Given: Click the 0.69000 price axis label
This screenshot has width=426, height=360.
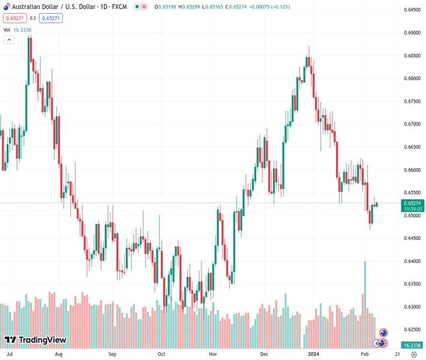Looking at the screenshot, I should point(412,32).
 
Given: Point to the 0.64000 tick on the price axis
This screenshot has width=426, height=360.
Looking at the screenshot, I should point(412,261).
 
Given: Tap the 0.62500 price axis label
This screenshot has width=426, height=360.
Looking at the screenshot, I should point(412,329).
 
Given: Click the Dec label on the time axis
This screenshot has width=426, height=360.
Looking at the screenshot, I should point(263,354).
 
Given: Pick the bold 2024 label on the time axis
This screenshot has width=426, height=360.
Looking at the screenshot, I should point(314,354).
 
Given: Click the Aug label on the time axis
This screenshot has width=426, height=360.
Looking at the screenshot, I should point(58,354).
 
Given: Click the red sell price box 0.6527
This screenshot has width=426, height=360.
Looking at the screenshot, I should point(13,18).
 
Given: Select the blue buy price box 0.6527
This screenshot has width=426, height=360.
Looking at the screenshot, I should point(50,18).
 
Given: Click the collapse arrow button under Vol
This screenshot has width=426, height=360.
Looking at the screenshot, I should point(9,40).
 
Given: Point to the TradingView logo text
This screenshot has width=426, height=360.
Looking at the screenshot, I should point(43,340).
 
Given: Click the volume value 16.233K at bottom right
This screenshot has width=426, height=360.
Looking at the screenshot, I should point(413,345).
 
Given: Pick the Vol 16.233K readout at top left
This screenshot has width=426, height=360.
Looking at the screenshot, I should point(18,29).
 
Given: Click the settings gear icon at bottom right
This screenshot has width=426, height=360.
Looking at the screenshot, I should point(413,354).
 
